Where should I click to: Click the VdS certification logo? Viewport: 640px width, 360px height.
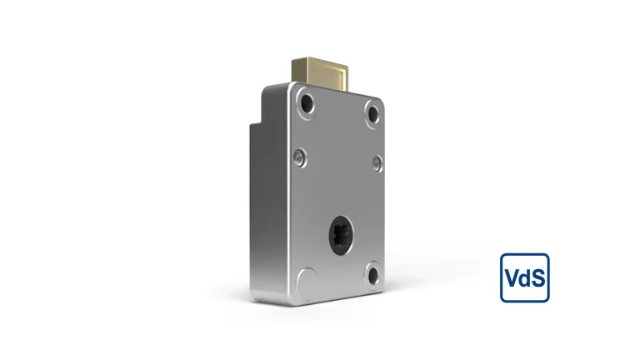click(524, 277)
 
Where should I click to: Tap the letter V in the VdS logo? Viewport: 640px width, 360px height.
click(511, 277)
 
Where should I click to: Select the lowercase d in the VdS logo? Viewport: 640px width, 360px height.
click(524, 277)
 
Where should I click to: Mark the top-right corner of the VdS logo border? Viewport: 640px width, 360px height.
click(547, 255)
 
